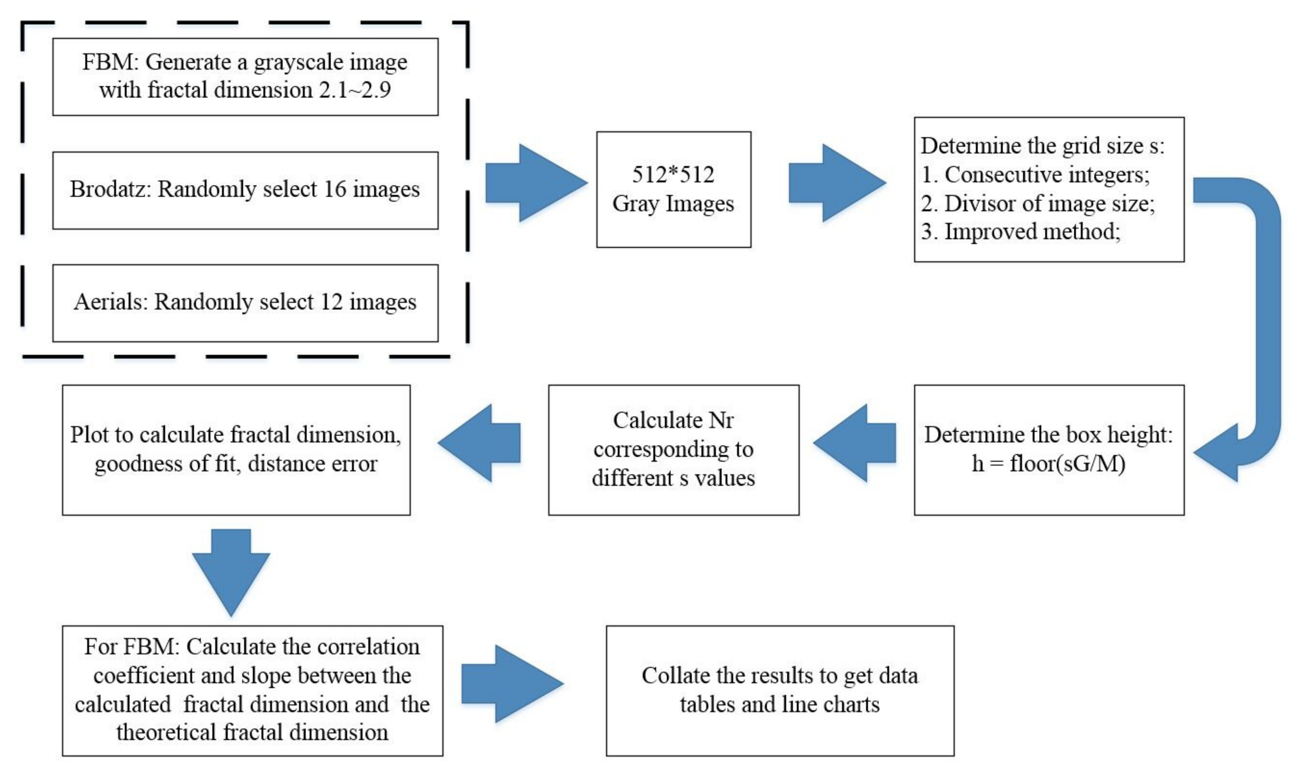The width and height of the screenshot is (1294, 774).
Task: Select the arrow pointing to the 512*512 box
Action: coord(537,183)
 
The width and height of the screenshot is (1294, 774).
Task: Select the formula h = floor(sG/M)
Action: coord(1049,463)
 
